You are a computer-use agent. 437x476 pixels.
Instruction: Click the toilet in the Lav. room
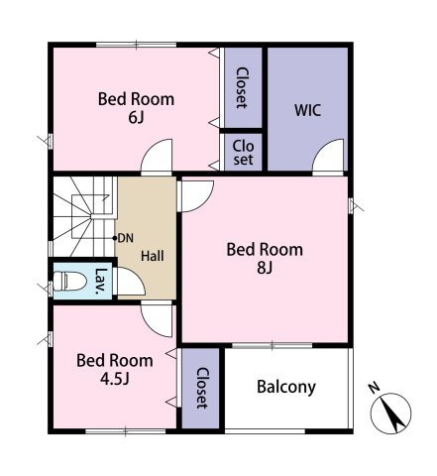click(x=69, y=281)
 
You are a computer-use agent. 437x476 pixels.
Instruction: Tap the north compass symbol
click(x=390, y=414)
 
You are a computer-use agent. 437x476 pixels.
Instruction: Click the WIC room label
click(x=307, y=110)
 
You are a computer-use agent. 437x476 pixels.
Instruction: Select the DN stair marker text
click(x=126, y=238)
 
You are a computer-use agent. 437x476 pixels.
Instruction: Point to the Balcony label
click(x=286, y=387)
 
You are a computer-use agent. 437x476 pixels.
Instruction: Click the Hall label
click(x=153, y=256)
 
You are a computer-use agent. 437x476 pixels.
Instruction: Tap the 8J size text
click(x=265, y=268)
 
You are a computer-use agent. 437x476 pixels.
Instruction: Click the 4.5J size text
click(x=114, y=379)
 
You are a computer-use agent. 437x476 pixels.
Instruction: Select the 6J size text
click(x=136, y=117)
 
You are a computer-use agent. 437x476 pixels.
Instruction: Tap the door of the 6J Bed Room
click(x=157, y=156)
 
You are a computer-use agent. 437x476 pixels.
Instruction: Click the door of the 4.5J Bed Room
click(x=157, y=320)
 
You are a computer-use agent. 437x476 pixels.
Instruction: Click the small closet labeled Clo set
click(x=243, y=152)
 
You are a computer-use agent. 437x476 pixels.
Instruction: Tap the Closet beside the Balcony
click(x=201, y=388)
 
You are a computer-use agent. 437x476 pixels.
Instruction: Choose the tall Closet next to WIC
click(x=243, y=87)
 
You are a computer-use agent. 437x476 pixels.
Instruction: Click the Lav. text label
click(x=101, y=282)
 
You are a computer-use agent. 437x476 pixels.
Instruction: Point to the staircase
click(x=85, y=217)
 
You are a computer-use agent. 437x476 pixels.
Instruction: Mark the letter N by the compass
click(x=375, y=388)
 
